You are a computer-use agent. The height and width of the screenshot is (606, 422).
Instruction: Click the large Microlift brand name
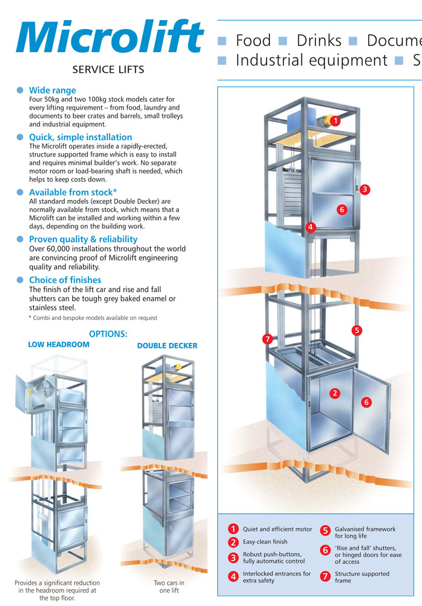coord(110,38)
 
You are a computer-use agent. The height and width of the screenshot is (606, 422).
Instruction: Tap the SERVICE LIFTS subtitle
coord(108,70)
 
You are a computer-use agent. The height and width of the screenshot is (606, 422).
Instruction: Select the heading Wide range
coord(53,90)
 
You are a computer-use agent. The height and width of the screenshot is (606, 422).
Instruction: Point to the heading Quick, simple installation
coord(81,137)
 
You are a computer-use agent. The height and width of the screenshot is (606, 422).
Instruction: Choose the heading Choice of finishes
coord(65,280)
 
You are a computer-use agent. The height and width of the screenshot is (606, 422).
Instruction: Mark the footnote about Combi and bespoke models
coord(93,318)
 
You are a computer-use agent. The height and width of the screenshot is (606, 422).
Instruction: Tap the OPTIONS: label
coord(108,333)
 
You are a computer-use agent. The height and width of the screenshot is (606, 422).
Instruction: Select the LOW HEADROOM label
coord(59,344)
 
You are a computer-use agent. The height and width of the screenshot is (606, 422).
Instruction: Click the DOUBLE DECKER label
coord(167,345)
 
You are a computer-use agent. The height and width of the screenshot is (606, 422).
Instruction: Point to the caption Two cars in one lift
coord(169,587)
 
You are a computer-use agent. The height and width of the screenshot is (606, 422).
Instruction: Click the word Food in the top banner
coord(253,41)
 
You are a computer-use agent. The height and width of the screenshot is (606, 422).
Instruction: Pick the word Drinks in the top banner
coord(318,41)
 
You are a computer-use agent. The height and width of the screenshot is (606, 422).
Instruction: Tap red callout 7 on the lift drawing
coord(267,339)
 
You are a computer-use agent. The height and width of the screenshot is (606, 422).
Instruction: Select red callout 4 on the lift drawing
coord(310,228)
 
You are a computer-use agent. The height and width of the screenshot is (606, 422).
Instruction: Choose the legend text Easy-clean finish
coord(265,542)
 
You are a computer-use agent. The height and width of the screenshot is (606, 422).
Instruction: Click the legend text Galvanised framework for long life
coord(365,533)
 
